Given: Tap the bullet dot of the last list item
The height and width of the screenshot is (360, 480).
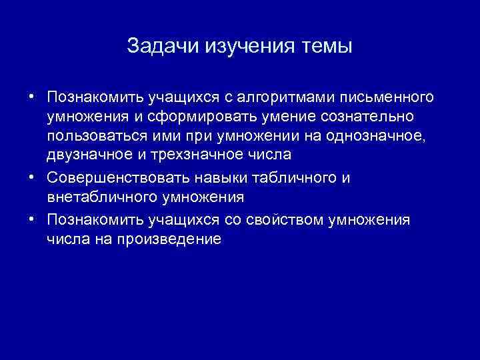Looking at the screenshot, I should pos(32,220).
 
